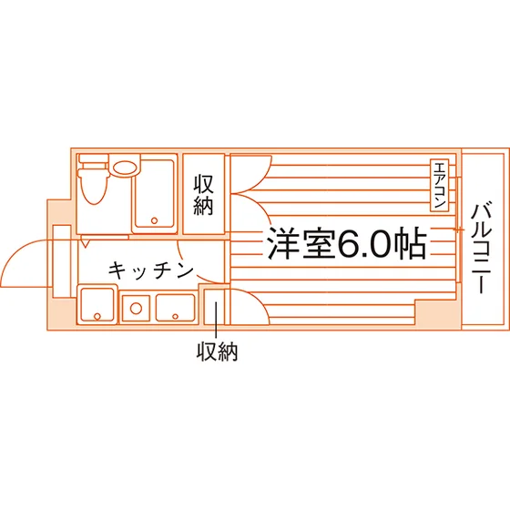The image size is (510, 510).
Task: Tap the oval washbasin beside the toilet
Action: coord(125,168)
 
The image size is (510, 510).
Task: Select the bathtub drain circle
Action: coord(155,220)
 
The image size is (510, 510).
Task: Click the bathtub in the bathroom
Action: coord(155,194)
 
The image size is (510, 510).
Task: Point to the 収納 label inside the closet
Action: coord(204,195)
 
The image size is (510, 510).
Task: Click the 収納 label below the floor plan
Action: coord(218,352)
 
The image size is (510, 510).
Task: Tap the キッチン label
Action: coord(150,270)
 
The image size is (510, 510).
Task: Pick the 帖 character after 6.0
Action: coord(410,242)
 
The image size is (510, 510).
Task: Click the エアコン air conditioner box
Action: coord(439,186)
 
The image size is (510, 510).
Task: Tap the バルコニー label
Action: coord(482,248)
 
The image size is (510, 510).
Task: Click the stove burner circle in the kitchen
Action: coord(136,308)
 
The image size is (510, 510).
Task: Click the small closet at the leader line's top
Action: coord(214,306)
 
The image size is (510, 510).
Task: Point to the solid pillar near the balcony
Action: coord(438,313)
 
